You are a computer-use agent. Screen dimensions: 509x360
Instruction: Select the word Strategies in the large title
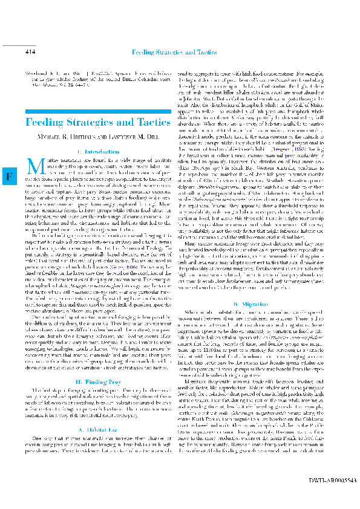pos(97,123)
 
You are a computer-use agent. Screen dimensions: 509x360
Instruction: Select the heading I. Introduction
pos(96,152)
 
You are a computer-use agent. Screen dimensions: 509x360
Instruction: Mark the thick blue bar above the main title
pos(96,110)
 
